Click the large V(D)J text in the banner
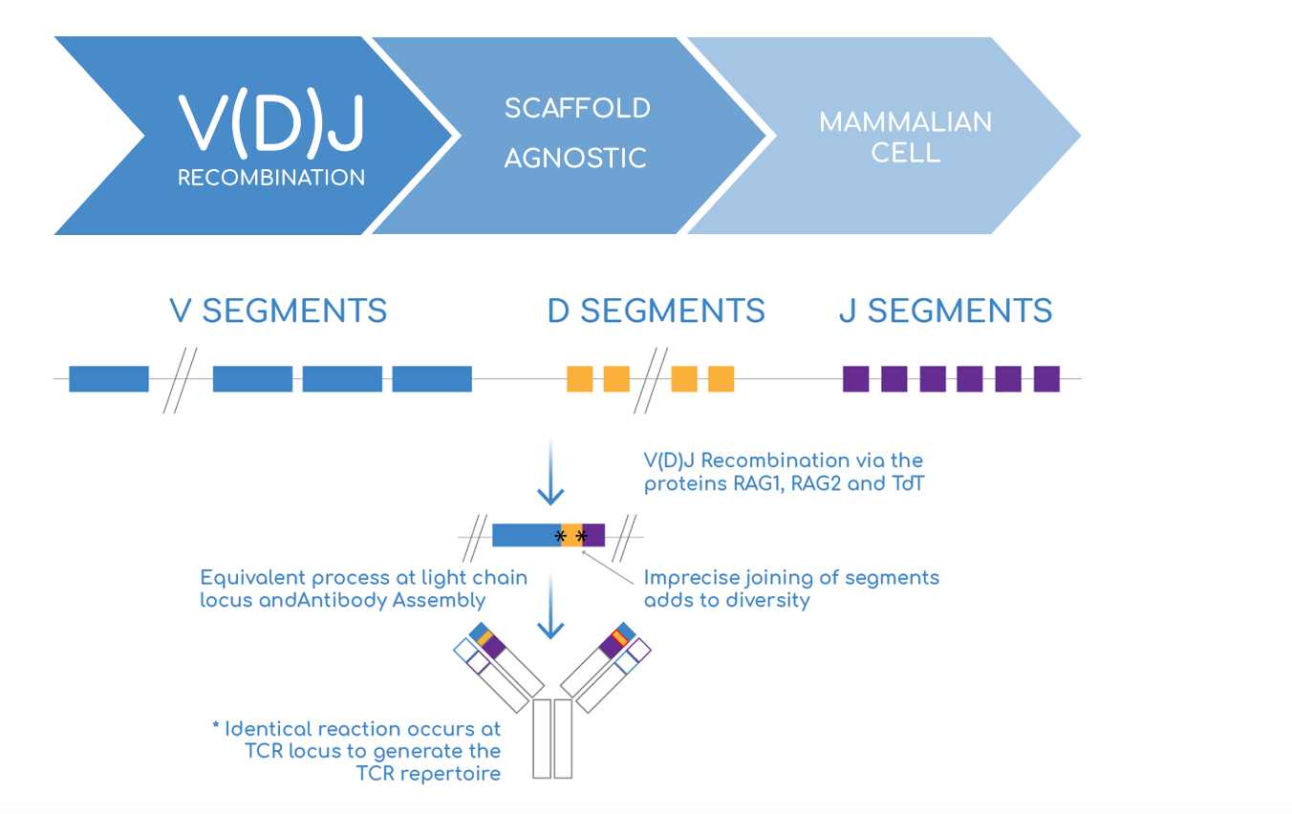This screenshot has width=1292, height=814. [271, 123]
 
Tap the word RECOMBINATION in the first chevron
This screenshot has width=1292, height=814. [271, 178]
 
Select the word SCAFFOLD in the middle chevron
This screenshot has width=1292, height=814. [577, 108]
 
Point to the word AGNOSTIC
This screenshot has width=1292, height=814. [575, 158]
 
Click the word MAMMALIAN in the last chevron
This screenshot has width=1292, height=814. [906, 122]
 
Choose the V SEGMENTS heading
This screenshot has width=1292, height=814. [278, 311]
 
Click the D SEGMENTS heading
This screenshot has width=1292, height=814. [656, 311]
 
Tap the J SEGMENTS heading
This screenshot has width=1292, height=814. [946, 311]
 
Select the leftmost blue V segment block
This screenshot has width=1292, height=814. [109, 378]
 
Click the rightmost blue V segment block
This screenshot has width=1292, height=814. [432, 378]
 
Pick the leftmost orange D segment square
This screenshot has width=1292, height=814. [580, 378]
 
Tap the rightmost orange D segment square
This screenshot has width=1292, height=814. [721, 378]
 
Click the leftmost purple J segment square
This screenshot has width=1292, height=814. [856, 378]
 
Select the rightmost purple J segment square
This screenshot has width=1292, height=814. [1046, 378]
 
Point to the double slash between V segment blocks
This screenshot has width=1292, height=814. [180, 380]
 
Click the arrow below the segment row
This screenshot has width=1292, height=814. [550, 472]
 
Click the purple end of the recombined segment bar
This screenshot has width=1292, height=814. [593, 535]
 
